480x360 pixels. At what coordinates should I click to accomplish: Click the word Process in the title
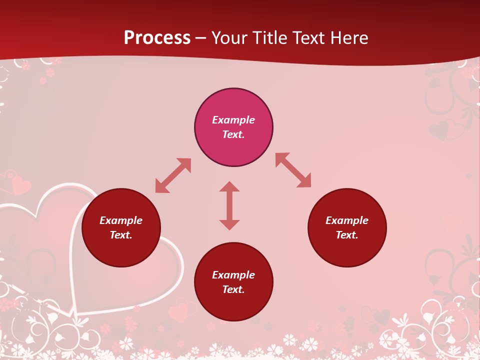pos(157,38)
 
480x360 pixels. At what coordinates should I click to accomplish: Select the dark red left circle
pos(121,250)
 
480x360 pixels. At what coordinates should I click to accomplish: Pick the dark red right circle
pos(347,250)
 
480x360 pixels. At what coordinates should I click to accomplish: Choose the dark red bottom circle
pos(233,305)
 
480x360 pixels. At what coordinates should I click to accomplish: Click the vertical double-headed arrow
pos(229,205)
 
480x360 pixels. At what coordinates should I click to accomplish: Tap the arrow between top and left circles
pos(173,175)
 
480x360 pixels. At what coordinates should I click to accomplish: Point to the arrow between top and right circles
pos(293,170)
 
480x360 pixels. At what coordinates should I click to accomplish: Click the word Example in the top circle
pos(233,120)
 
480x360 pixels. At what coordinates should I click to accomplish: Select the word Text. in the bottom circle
pos(233,289)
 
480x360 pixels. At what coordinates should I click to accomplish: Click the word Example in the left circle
pos(121,220)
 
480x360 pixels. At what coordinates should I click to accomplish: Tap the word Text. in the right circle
pos(347,235)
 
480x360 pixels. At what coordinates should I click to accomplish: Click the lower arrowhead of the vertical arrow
pos(229,224)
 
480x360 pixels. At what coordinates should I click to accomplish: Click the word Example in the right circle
pos(347,220)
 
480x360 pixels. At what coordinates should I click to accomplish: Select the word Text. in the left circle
pos(121,235)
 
